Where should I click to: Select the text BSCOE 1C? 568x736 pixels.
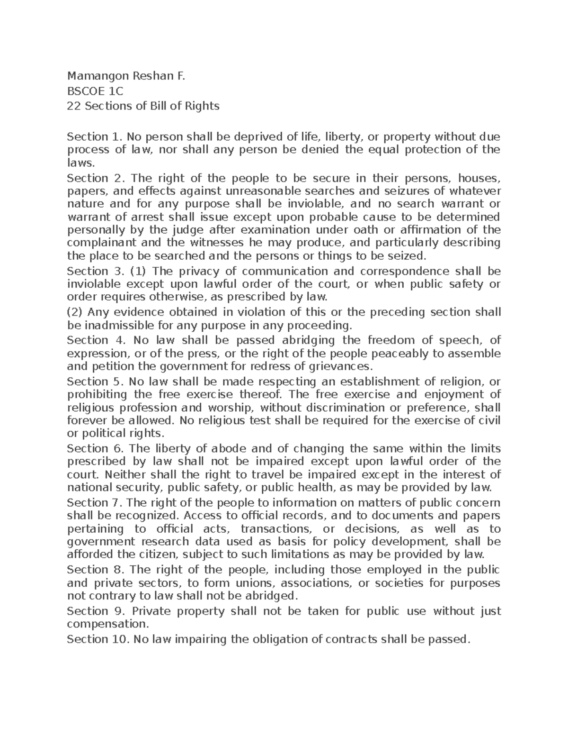tap(95, 91)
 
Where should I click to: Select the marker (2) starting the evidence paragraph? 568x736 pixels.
tap(75, 312)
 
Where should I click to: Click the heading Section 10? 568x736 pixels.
tap(98, 639)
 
